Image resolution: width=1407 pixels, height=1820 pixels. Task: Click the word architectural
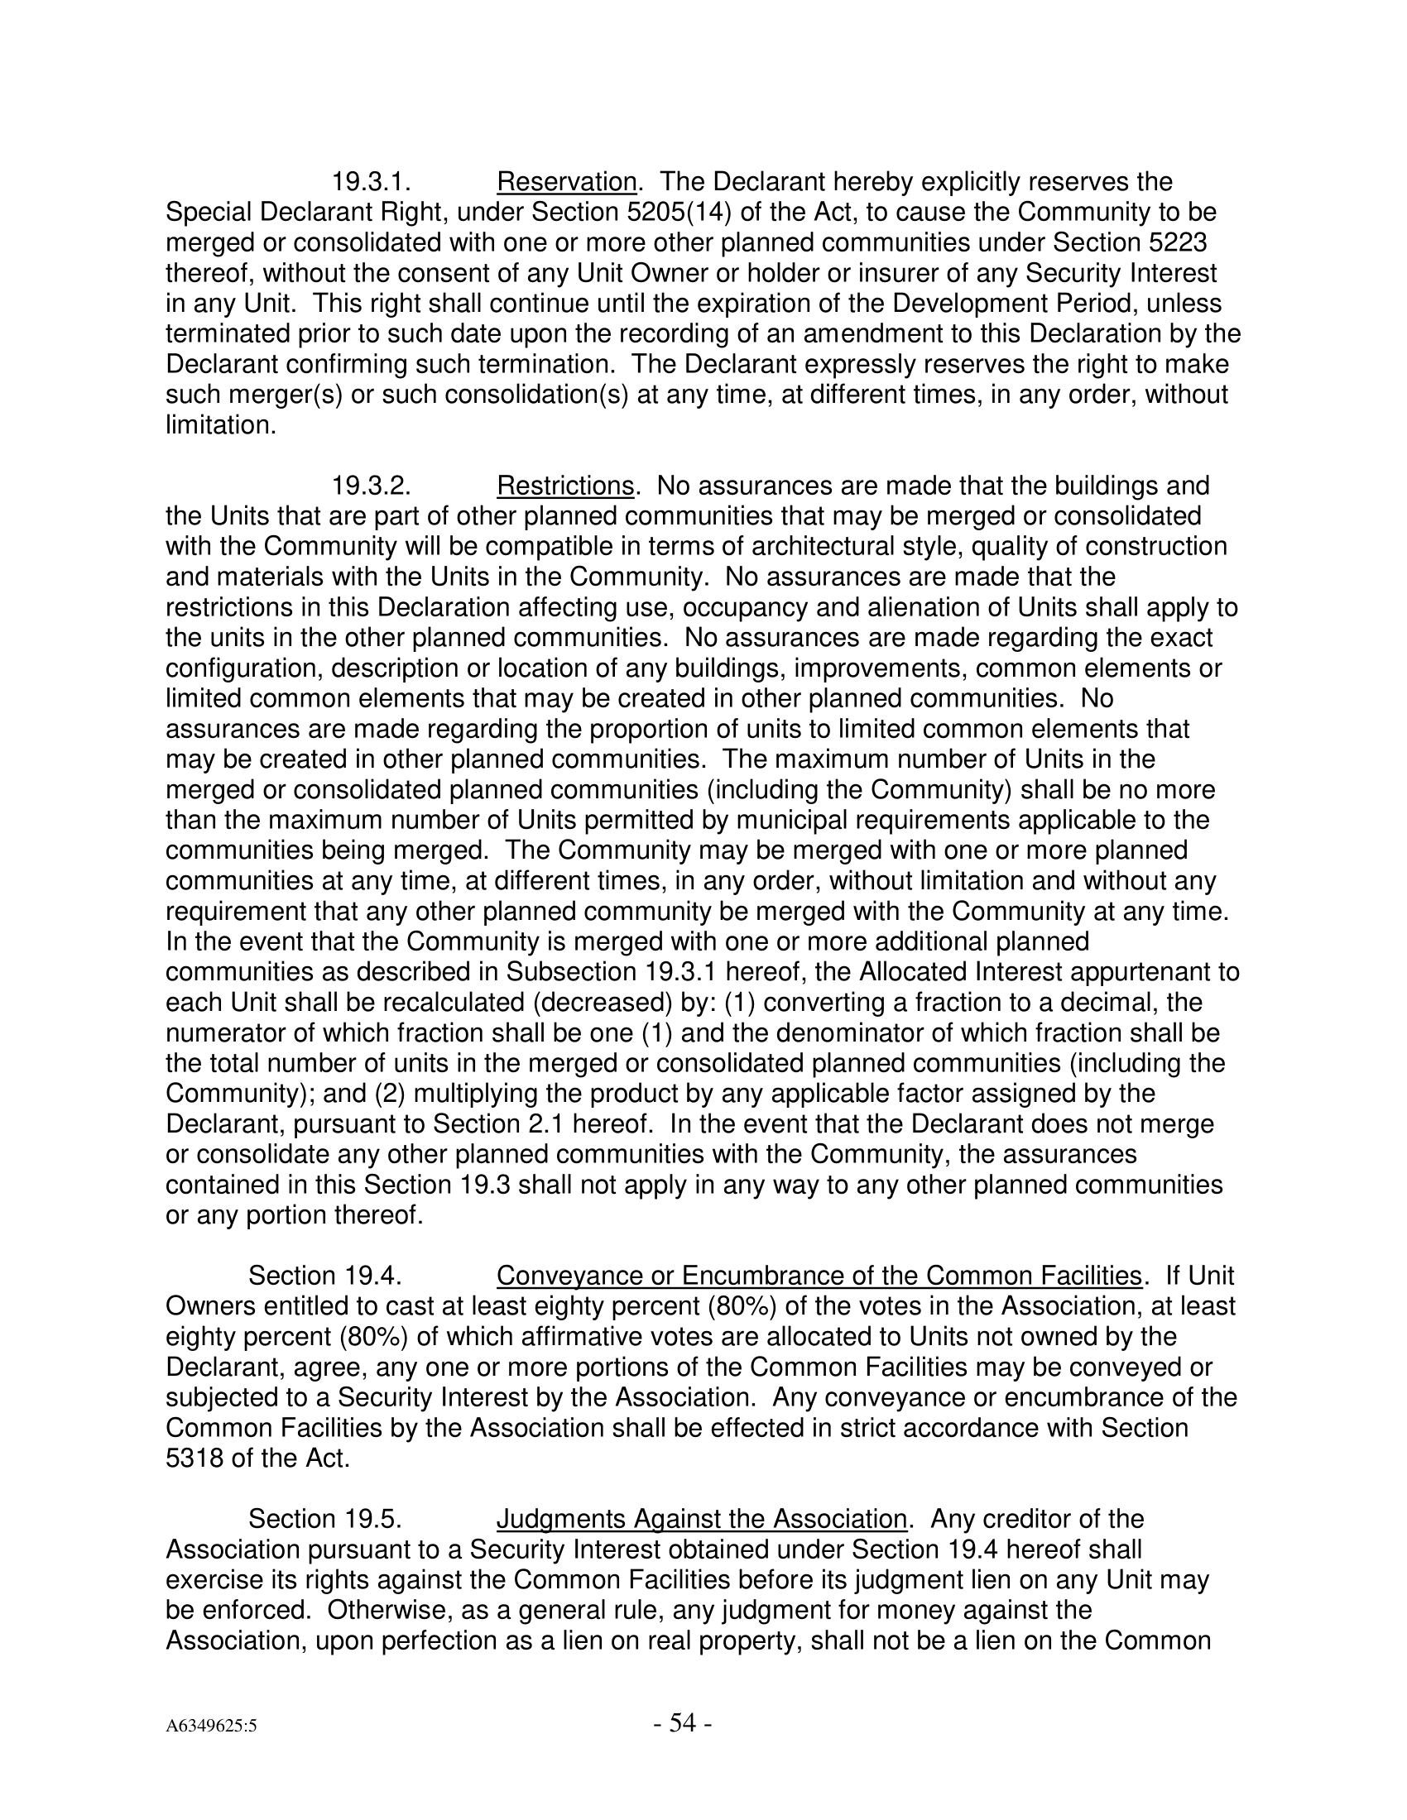click(x=843, y=547)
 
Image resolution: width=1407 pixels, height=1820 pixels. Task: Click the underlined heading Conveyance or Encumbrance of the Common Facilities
click(x=819, y=1276)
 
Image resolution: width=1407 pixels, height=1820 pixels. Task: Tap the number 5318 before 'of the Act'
click(x=195, y=1458)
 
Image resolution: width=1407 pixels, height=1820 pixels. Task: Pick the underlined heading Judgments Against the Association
click(x=702, y=1519)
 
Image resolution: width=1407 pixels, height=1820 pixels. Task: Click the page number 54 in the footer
click(x=682, y=1722)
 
